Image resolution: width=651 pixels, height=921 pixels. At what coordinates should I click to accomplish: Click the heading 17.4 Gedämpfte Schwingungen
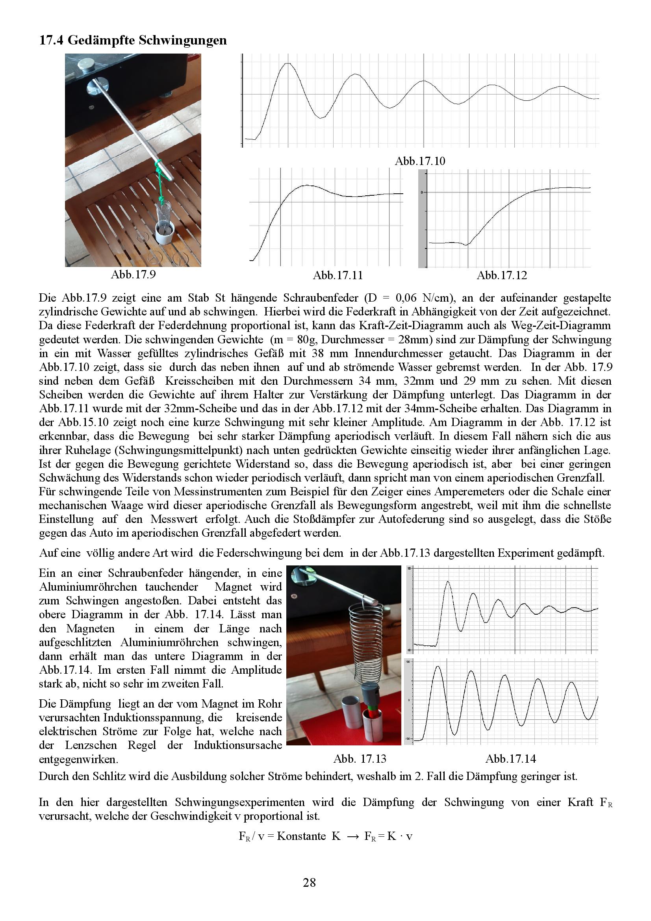pos(133,40)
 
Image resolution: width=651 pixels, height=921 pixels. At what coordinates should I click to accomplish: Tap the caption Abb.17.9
pos(133,274)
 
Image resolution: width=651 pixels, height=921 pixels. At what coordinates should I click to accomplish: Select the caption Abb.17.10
pos(420,161)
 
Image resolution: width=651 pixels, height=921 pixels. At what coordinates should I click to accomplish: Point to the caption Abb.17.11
pos(338,275)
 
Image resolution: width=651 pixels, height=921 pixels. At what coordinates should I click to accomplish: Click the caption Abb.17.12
pos(502,275)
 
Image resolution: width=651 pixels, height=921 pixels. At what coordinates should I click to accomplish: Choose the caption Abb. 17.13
pos(360,758)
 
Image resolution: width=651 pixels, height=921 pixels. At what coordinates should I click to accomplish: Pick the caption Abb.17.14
pos(511,758)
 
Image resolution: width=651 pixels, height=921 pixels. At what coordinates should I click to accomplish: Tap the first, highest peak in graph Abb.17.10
pos(287,63)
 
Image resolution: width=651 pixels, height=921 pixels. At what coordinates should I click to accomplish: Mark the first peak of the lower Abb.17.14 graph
pos(438,667)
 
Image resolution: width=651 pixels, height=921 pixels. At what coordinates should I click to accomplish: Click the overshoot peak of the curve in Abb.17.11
pos(307,185)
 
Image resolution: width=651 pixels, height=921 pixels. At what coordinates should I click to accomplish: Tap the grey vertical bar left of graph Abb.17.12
pos(422,219)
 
